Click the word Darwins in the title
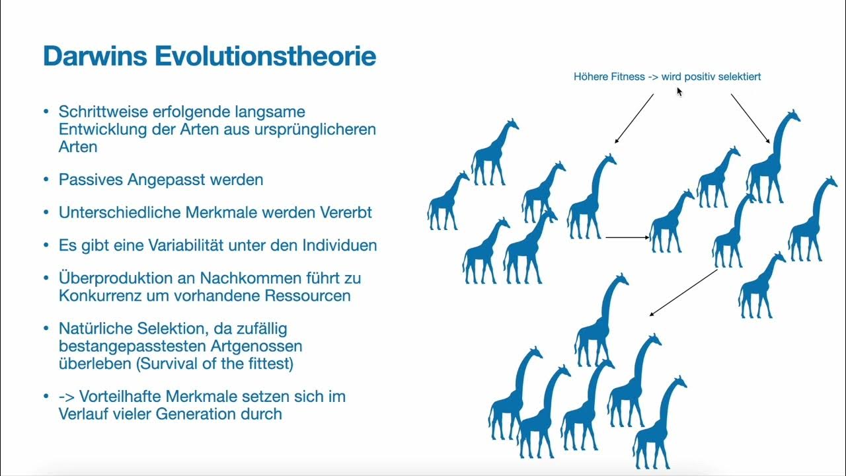click(x=95, y=56)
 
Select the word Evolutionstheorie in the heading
click(x=265, y=56)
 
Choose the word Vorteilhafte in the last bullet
click(x=122, y=397)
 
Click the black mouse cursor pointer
click(x=679, y=91)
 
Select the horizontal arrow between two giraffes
click(x=627, y=237)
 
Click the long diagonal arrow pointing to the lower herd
click(x=683, y=292)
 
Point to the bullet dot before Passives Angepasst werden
click(x=46, y=179)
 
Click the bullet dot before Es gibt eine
click(x=46, y=245)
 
